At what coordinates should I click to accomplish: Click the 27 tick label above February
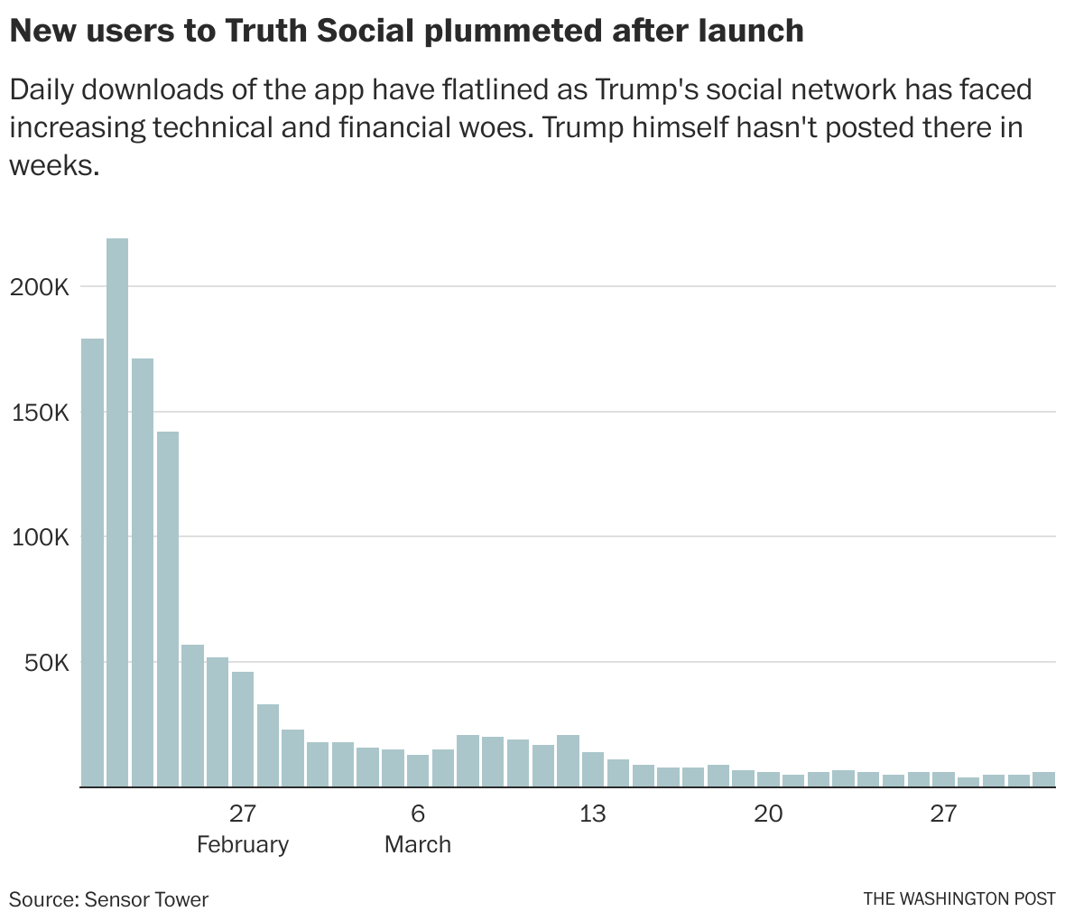click(x=242, y=814)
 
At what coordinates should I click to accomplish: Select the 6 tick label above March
click(x=418, y=814)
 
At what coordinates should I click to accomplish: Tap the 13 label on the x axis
click(x=592, y=814)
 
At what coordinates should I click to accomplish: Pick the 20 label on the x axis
click(x=768, y=814)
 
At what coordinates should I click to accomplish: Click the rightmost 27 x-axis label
click(x=943, y=814)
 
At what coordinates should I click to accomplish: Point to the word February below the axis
click(x=242, y=845)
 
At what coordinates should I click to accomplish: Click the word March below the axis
click(x=418, y=845)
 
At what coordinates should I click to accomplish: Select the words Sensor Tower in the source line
click(x=147, y=899)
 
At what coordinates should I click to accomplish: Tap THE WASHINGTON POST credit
click(x=958, y=899)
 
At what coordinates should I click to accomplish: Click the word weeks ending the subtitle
click(x=53, y=165)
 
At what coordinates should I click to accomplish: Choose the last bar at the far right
click(x=1044, y=779)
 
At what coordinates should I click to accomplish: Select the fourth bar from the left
click(x=168, y=609)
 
